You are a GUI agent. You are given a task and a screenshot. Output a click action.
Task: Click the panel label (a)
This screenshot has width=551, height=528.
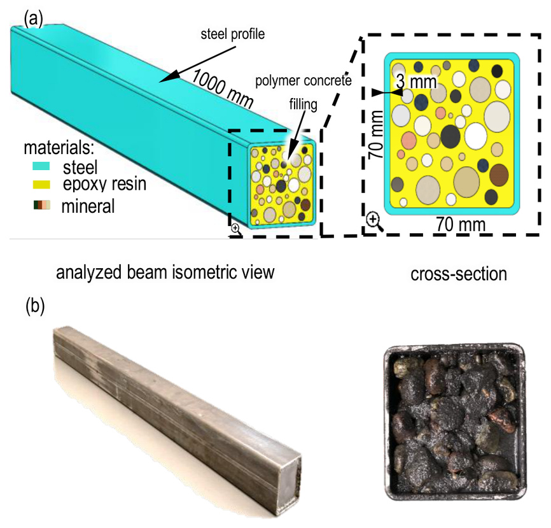[33, 18]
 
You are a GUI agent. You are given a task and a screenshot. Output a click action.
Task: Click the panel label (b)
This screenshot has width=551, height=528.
[35, 307]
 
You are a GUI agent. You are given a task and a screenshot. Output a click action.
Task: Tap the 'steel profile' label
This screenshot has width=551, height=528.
[233, 34]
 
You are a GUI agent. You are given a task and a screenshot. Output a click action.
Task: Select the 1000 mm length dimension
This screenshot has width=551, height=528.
[222, 89]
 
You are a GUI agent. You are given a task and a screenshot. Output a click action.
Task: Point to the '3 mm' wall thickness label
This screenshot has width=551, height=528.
[416, 82]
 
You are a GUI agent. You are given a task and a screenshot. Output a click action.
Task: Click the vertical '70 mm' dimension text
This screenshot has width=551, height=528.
[376, 134]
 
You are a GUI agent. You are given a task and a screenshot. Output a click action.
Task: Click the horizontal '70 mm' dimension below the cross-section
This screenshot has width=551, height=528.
[461, 224]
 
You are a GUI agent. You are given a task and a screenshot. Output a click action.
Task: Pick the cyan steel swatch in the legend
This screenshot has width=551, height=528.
[41, 166]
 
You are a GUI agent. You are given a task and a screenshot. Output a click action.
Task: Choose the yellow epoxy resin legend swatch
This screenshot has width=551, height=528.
[41, 185]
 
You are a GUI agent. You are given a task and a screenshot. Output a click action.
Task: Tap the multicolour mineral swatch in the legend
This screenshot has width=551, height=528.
[42, 205]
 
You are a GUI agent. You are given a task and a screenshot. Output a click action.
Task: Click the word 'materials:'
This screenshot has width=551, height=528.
[59, 148]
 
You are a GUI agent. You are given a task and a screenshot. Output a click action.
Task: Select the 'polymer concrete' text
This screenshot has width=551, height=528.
[303, 81]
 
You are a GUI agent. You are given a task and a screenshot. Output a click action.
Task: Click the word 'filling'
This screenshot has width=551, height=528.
[303, 105]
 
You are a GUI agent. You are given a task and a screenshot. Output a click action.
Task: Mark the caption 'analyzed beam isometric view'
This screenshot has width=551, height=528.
[165, 273]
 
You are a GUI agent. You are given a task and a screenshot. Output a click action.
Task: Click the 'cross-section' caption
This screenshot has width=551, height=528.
[459, 274]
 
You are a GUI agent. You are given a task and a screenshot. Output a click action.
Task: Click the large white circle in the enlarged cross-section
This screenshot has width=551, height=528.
[476, 136]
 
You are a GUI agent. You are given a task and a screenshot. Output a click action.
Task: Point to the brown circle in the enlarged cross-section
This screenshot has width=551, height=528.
[499, 175]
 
